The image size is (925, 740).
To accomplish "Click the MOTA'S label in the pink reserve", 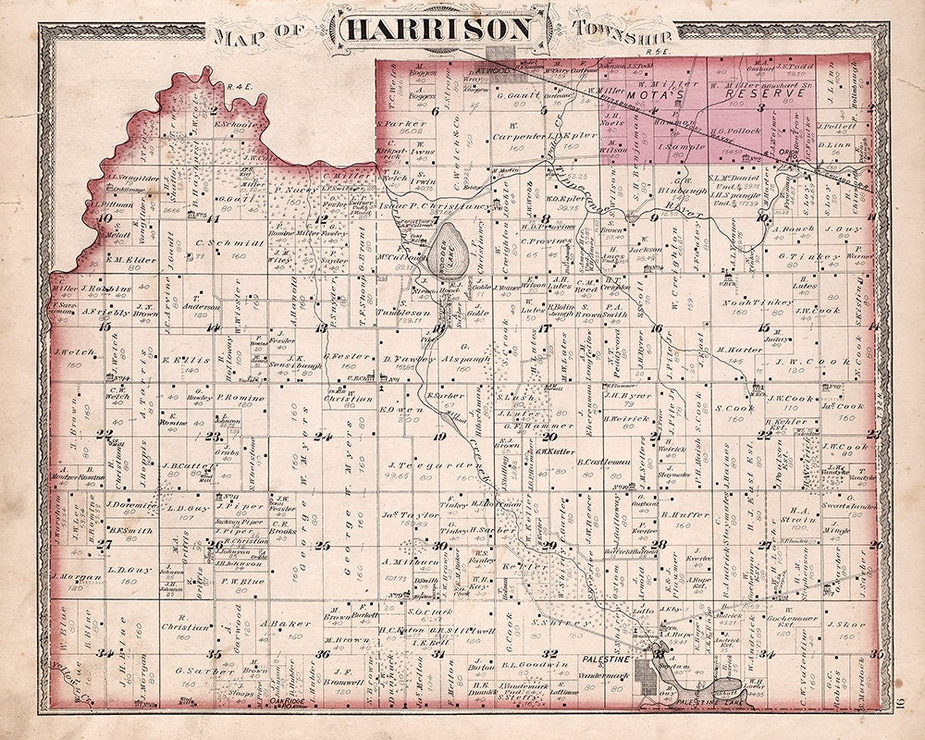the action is (x=647, y=94).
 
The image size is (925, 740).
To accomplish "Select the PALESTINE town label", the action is (x=606, y=658).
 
